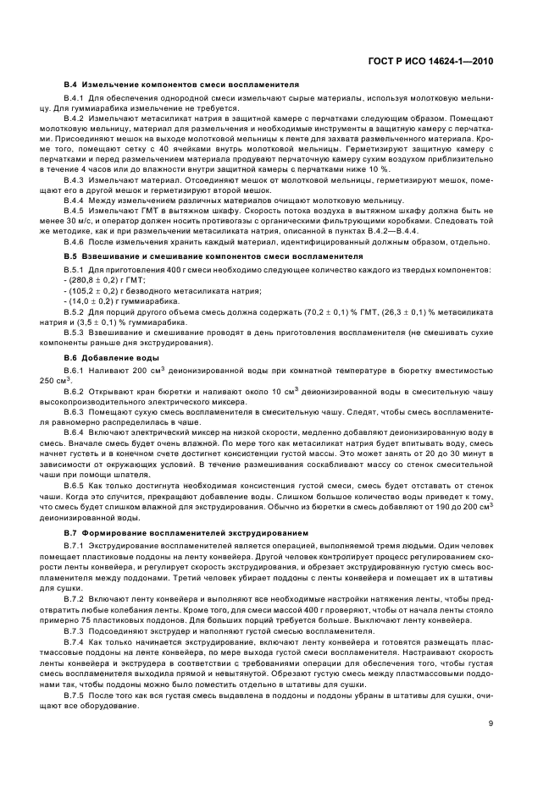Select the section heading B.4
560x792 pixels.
(x=179, y=86)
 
